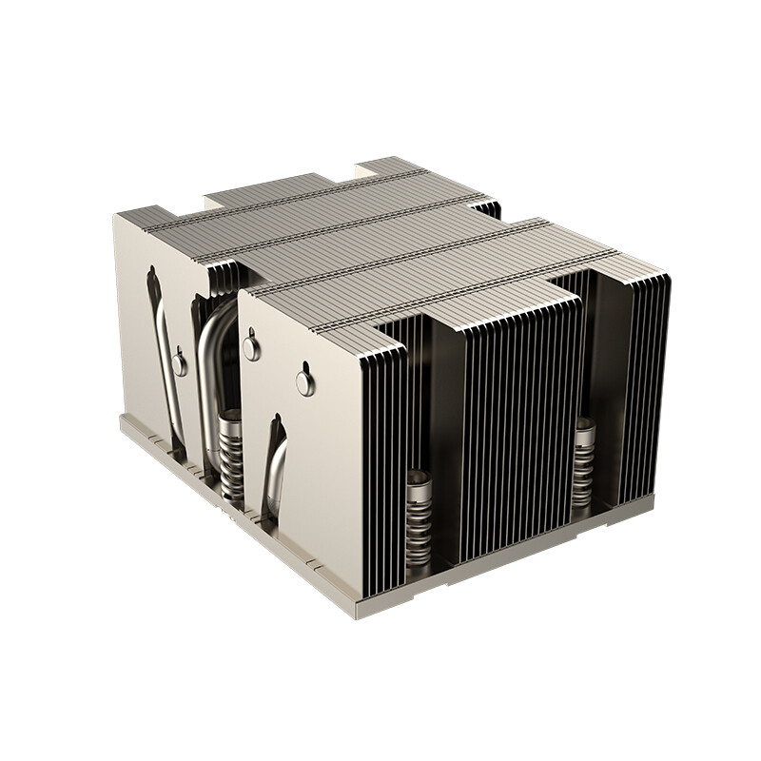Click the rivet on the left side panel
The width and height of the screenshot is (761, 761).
click(x=179, y=364)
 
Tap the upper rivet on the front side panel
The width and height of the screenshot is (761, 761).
click(x=251, y=348)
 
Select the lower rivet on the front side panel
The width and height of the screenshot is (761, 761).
click(x=304, y=382)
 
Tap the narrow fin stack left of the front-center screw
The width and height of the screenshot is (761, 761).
click(x=380, y=457)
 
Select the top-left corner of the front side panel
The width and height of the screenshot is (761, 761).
click(x=241, y=294)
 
